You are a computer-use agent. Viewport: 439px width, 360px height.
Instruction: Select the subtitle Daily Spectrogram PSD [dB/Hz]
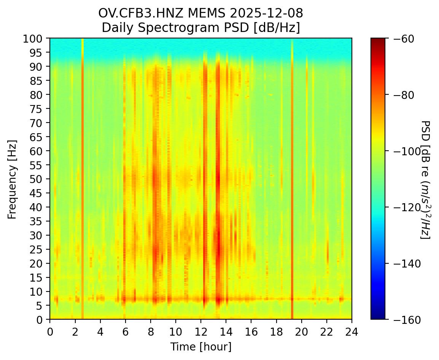click(x=200, y=28)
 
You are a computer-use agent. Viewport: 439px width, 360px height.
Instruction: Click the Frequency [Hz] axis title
click(x=12, y=178)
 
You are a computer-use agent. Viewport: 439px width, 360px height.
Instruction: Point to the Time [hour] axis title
click(x=200, y=347)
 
